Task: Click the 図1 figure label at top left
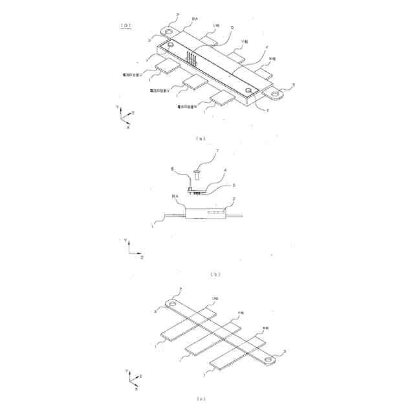pyautogui.click(x=127, y=25)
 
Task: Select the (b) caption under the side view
pyautogui.click(x=215, y=274)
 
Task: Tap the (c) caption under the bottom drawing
pyautogui.click(x=201, y=400)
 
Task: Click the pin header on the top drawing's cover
pyautogui.click(x=191, y=59)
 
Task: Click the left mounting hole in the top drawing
pyautogui.click(x=169, y=31)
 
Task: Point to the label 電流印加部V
pyautogui.click(x=159, y=91)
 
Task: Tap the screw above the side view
pyautogui.click(x=196, y=172)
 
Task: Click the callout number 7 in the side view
pyautogui.click(x=218, y=151)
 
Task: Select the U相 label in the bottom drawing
pyautogui.click(x=216, y=299)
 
